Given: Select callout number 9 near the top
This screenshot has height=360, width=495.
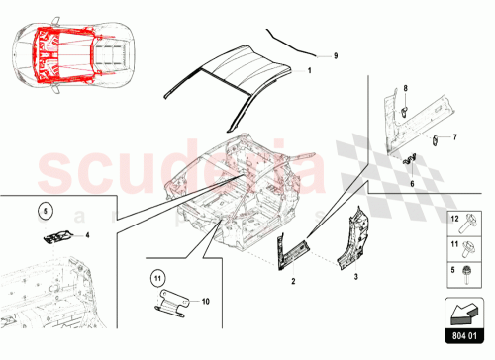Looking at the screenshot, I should pos(335,56).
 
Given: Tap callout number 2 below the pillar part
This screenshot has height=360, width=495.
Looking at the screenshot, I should pos(293,281).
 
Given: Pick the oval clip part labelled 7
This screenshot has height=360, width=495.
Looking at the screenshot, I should pos(434,137).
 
